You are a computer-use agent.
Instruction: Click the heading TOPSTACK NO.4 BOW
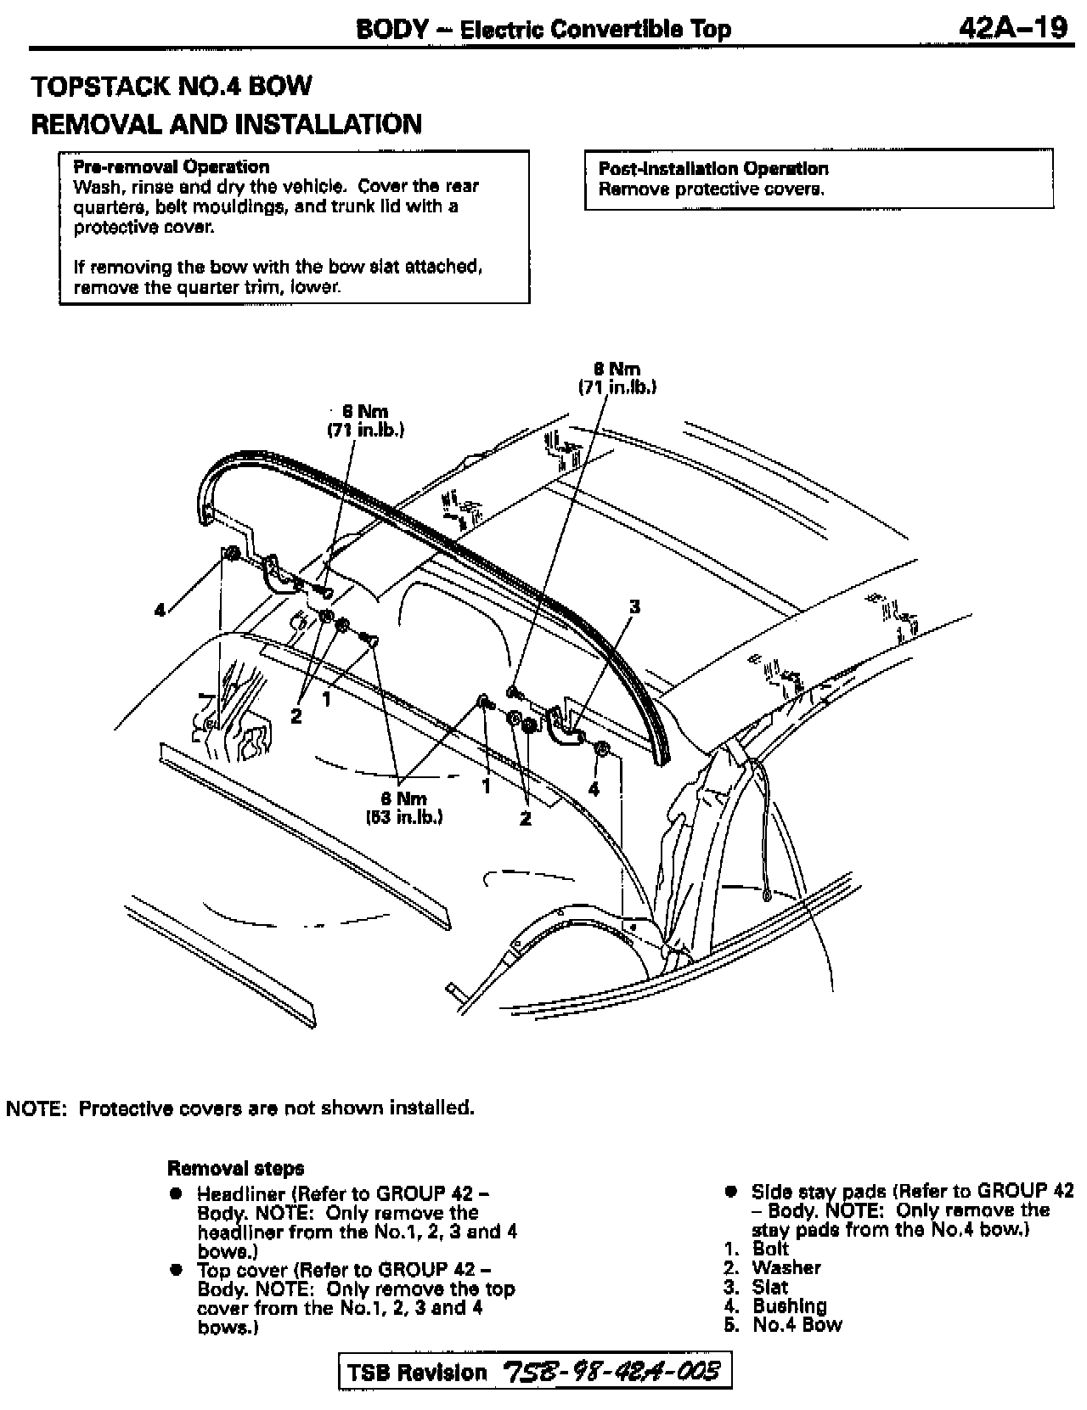pyautogui.click(x=172, y=86)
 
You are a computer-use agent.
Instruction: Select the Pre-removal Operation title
pyautogui.click(x=172, y=166)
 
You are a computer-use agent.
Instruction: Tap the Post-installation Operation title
pyautogui.click(x=713, y=168)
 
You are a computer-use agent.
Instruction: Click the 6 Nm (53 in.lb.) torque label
pyautogui.click(x=404, y=808)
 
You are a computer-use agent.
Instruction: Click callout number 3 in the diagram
pyautogui.click(x=634, y=606)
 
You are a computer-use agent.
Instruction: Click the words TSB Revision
pyautogui.click(x=418, y=1373)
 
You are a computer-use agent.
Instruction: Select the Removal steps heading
pyautogui.click(x=236, y=1168)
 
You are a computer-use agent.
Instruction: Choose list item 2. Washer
pyautogui.click(x=774, y=1267)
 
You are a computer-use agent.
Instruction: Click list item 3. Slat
pyautogui.click(x=761, y=1287)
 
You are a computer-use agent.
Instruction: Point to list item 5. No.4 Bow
pyautogui.click(x=784, y=1324)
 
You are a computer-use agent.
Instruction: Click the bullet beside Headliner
pyautogui.click(x=176, y=1193)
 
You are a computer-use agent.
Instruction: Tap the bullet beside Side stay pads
pyautogui.click(x=730, y=1191)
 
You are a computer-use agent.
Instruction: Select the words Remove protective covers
pyautogui.click(x=712, y=189)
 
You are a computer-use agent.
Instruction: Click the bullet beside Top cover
pyautogui.click(x=176, y=1270)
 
